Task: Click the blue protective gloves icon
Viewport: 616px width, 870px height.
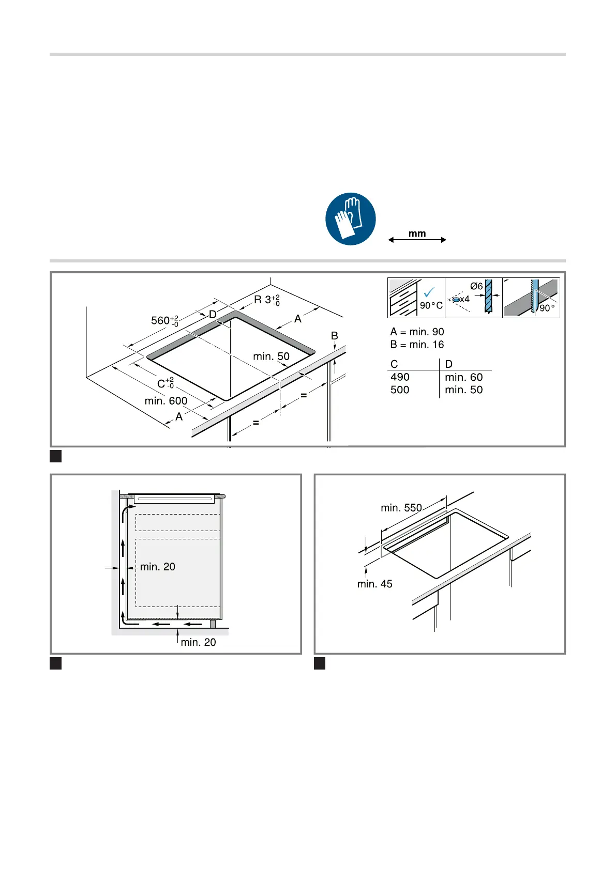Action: coord(350,219)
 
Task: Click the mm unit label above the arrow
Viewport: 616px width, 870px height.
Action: coord(417,234)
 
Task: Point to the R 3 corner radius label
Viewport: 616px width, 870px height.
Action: coord(266,300)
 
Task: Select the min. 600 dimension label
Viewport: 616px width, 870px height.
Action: coord(166,401)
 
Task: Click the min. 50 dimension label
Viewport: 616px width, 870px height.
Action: coord(271,356)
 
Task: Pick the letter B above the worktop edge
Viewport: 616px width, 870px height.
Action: coord(335,336)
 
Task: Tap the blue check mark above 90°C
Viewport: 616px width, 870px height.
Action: coord(429,292)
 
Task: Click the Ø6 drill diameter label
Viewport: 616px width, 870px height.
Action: coord(476,286)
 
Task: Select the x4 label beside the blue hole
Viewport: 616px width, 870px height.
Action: coord(464,300)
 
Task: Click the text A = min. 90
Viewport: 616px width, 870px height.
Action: coord(417,332)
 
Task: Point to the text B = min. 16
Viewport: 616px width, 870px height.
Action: coord(417,345)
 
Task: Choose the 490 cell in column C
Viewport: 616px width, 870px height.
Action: coord(400,377)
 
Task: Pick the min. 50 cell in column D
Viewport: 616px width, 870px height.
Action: coord(463,390)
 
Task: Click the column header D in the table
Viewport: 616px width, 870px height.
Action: coord(448,364)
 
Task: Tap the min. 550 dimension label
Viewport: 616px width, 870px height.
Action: coord(401,508)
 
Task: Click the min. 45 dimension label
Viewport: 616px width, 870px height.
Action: coord(374,584)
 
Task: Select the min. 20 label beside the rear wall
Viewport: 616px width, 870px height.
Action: coord(158,567)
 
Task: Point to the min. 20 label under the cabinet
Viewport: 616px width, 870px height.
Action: coord(199,642)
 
